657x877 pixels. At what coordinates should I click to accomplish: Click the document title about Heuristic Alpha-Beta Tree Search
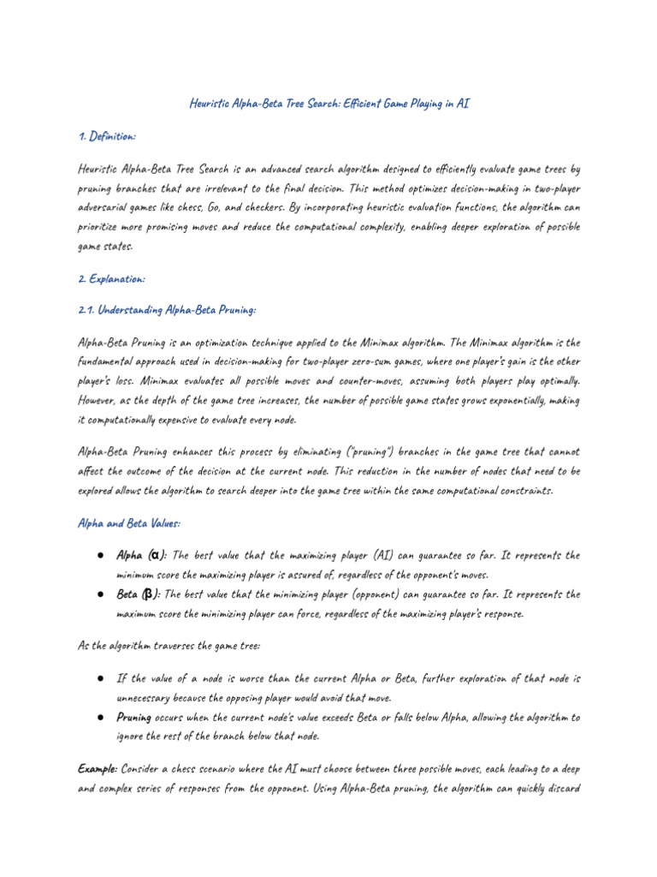click(328, 104)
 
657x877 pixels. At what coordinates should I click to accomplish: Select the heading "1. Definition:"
click(106, 137)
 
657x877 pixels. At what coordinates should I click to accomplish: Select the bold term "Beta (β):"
click(138, 594)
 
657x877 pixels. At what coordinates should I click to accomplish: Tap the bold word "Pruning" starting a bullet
click(134, 717)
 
